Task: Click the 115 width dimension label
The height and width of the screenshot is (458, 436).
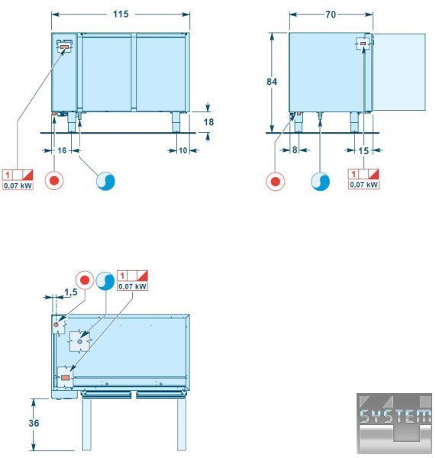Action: (x=121, y=14)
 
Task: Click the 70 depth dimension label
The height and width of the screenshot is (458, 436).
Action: (x=331, y=15)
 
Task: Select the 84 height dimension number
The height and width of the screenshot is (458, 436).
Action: (x=272, y=82)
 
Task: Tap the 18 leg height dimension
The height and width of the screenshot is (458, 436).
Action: (x=208, y=122)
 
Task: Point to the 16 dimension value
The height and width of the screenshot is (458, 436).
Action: (x=62, y=150)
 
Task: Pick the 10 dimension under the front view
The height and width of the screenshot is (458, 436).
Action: (x=182, y=150)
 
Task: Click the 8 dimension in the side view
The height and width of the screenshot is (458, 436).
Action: (x=295, y=150)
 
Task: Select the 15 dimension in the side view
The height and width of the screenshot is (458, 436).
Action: (x=363, y=150)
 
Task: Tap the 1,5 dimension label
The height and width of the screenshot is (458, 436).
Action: (x=71, y=292)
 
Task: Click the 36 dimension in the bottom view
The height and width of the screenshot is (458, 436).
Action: (x=34, y=423)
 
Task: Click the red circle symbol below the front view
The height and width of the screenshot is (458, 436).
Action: (x=54, y=180)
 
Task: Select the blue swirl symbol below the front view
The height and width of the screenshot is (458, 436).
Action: (x=105, y=181)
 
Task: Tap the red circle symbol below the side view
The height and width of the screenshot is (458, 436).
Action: (x=276, y=182)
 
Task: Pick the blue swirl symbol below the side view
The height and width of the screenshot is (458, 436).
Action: (x=320, y=182)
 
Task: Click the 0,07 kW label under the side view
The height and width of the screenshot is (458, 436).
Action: (x=363, y=185)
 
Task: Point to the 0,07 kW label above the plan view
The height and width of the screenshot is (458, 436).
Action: (x=132, y=286)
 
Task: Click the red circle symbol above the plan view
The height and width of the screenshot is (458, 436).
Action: (x=85, y=280)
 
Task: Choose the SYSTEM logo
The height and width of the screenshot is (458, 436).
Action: (x=394, y=423)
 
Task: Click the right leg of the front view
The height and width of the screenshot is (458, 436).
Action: (x=176, y=122)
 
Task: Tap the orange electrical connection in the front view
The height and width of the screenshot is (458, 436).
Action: (x=65, y=47)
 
